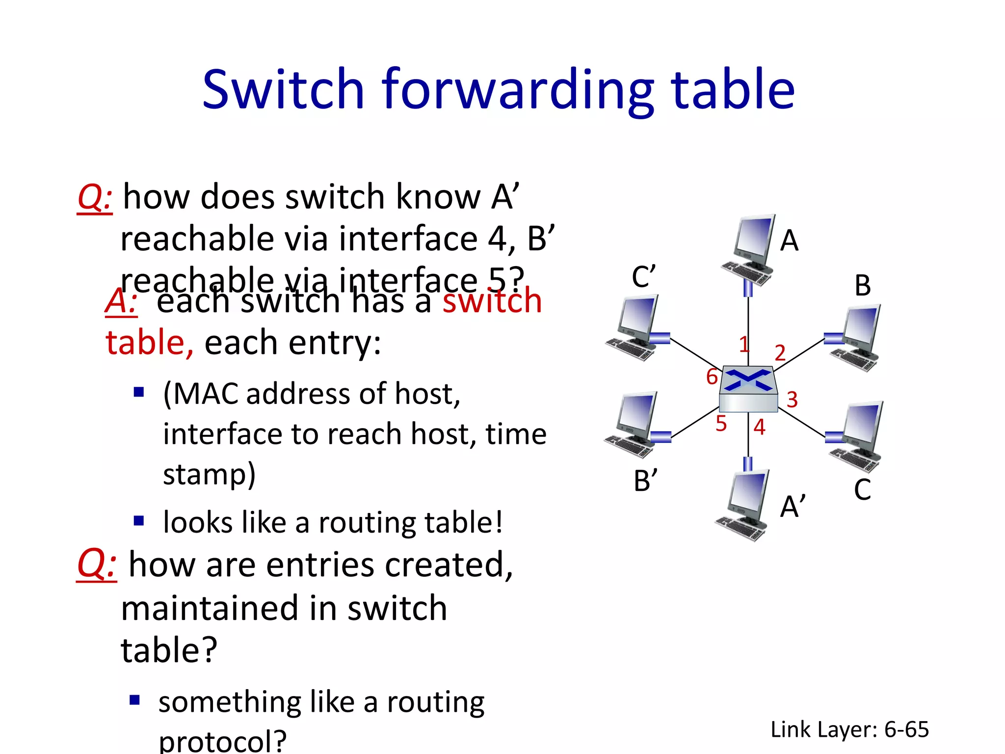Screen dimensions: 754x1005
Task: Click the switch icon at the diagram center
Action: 748,389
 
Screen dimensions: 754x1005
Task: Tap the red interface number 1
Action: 744,344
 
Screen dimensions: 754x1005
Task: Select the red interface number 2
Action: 780,352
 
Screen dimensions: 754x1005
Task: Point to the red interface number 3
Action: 792,400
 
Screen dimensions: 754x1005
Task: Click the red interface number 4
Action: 759,427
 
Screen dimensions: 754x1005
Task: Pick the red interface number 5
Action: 720,423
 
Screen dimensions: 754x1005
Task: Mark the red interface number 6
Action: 712,377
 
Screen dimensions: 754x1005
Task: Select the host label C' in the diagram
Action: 643,276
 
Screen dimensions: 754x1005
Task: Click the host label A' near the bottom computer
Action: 793,506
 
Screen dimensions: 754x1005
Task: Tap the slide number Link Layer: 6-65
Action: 849,729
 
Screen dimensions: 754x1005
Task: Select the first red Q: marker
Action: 95,197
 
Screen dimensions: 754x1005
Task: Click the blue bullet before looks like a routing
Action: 139,520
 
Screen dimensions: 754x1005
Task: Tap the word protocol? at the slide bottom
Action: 222,741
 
